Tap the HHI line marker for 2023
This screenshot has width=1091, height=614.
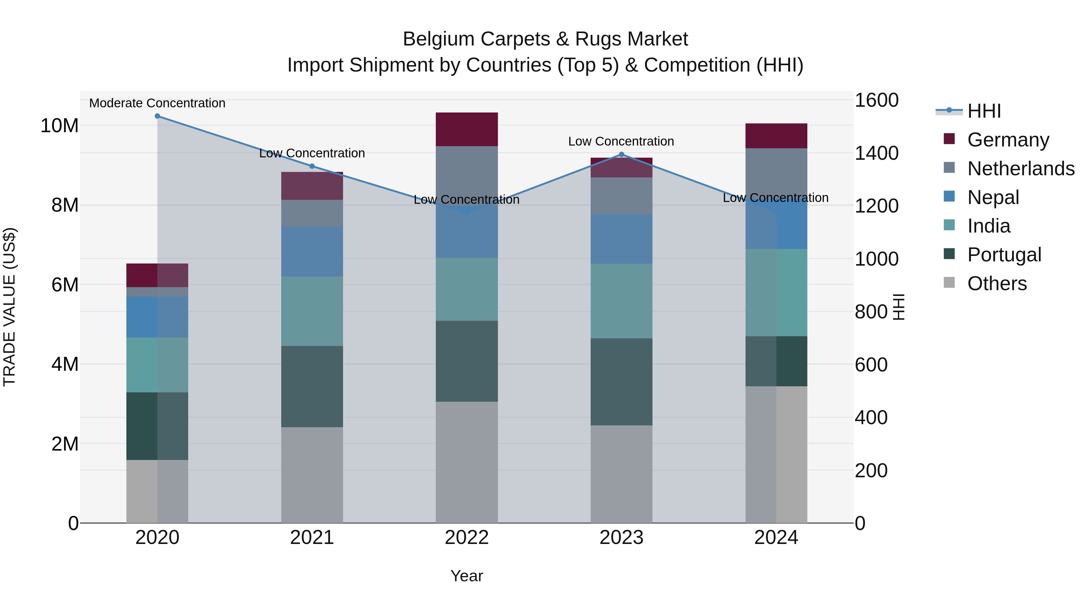621,154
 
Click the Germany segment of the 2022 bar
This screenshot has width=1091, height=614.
467,129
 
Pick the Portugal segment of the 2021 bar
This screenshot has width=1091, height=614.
312,387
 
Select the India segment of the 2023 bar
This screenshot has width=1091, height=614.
621,301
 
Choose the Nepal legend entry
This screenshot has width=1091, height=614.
993,197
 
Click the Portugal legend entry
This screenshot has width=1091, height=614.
1004,255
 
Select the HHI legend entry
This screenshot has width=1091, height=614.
983,111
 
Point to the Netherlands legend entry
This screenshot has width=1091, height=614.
1021,169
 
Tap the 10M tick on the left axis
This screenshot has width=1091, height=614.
59,126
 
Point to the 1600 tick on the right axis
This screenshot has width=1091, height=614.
876,100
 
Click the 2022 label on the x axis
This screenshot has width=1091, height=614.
467,538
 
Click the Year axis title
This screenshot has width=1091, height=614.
467,576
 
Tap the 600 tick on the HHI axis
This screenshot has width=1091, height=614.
871,365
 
